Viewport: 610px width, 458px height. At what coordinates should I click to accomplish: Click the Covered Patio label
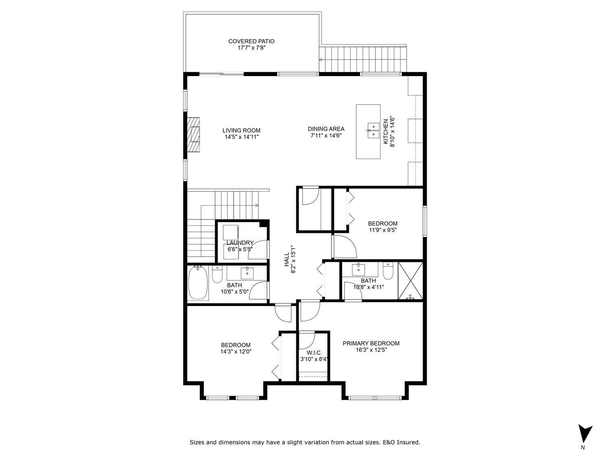[x=251, y=41]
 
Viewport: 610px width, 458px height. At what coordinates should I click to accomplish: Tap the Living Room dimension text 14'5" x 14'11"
[x=242, y=137]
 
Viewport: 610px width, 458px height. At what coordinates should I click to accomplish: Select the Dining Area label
[x=326, y=129]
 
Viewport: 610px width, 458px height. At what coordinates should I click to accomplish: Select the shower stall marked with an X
[x=410, y=281]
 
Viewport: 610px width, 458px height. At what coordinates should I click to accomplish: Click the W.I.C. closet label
[x=314, y=353]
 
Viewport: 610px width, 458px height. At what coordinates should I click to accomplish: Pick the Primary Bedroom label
[x=371, y=343]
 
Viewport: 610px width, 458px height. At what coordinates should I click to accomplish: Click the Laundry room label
[x=240, y=243]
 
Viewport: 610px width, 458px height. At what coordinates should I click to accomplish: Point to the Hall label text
[x=286, y=259]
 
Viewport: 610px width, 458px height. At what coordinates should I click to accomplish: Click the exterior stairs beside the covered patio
[x=363, y=59]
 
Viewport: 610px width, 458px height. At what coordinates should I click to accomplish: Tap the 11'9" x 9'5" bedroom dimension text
[x=382, y=230]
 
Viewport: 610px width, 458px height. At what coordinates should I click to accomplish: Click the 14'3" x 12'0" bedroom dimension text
[x=235, y=351]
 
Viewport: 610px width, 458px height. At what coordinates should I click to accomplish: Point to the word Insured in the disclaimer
[x=408, y=442]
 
